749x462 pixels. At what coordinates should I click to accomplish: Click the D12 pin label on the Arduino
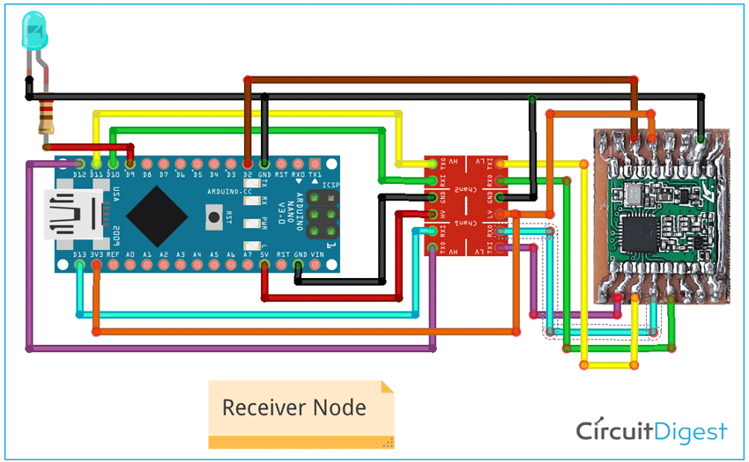[x=80, y=175]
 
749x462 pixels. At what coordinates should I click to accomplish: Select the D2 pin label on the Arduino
[x=248, y=175]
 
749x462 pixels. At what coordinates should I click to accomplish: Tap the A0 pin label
[x=130, y=253]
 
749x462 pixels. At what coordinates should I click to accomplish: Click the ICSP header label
[x=331, y=186]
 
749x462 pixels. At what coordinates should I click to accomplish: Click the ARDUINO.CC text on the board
[x=230, y=191]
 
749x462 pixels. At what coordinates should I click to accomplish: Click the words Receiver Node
[x=293, y=407]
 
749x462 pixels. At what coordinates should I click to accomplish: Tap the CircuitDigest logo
[x=652, y=431]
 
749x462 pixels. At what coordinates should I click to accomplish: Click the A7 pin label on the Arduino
[x=248, y=253]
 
